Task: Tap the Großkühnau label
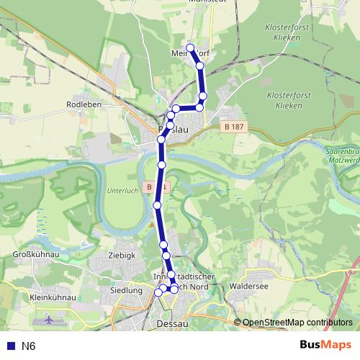tap(35, 254)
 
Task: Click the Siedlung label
tap(125, 290)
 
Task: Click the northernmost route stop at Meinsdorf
tap(191, 48)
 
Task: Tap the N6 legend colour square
tap(9, 346)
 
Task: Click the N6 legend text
tap(28, 346)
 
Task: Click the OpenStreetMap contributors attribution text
tap(297, 322)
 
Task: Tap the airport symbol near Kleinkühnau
tap(48, 318)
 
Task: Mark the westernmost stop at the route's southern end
tap(159, 292)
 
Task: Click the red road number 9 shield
tap(351, 273)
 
